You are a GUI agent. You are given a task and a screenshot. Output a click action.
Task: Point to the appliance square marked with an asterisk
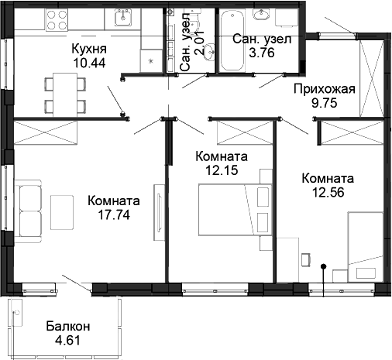pos(151,58)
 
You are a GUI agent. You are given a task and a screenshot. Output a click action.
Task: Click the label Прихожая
pos(323,88)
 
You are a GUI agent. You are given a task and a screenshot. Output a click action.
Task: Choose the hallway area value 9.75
pos(323,102)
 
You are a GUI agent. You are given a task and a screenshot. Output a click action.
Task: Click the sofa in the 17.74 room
pos(29,210)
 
